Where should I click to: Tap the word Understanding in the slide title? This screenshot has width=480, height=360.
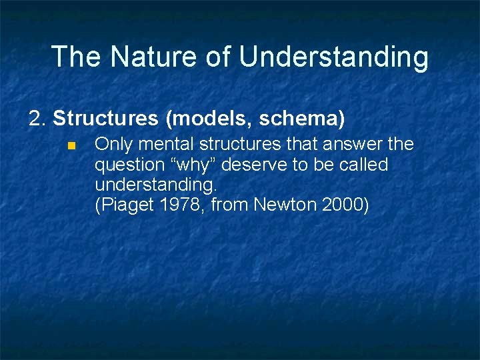tap(333, 58)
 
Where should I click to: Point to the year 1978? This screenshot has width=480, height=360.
tap(181, 205)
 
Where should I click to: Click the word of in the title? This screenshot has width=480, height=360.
tap(219, 57)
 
